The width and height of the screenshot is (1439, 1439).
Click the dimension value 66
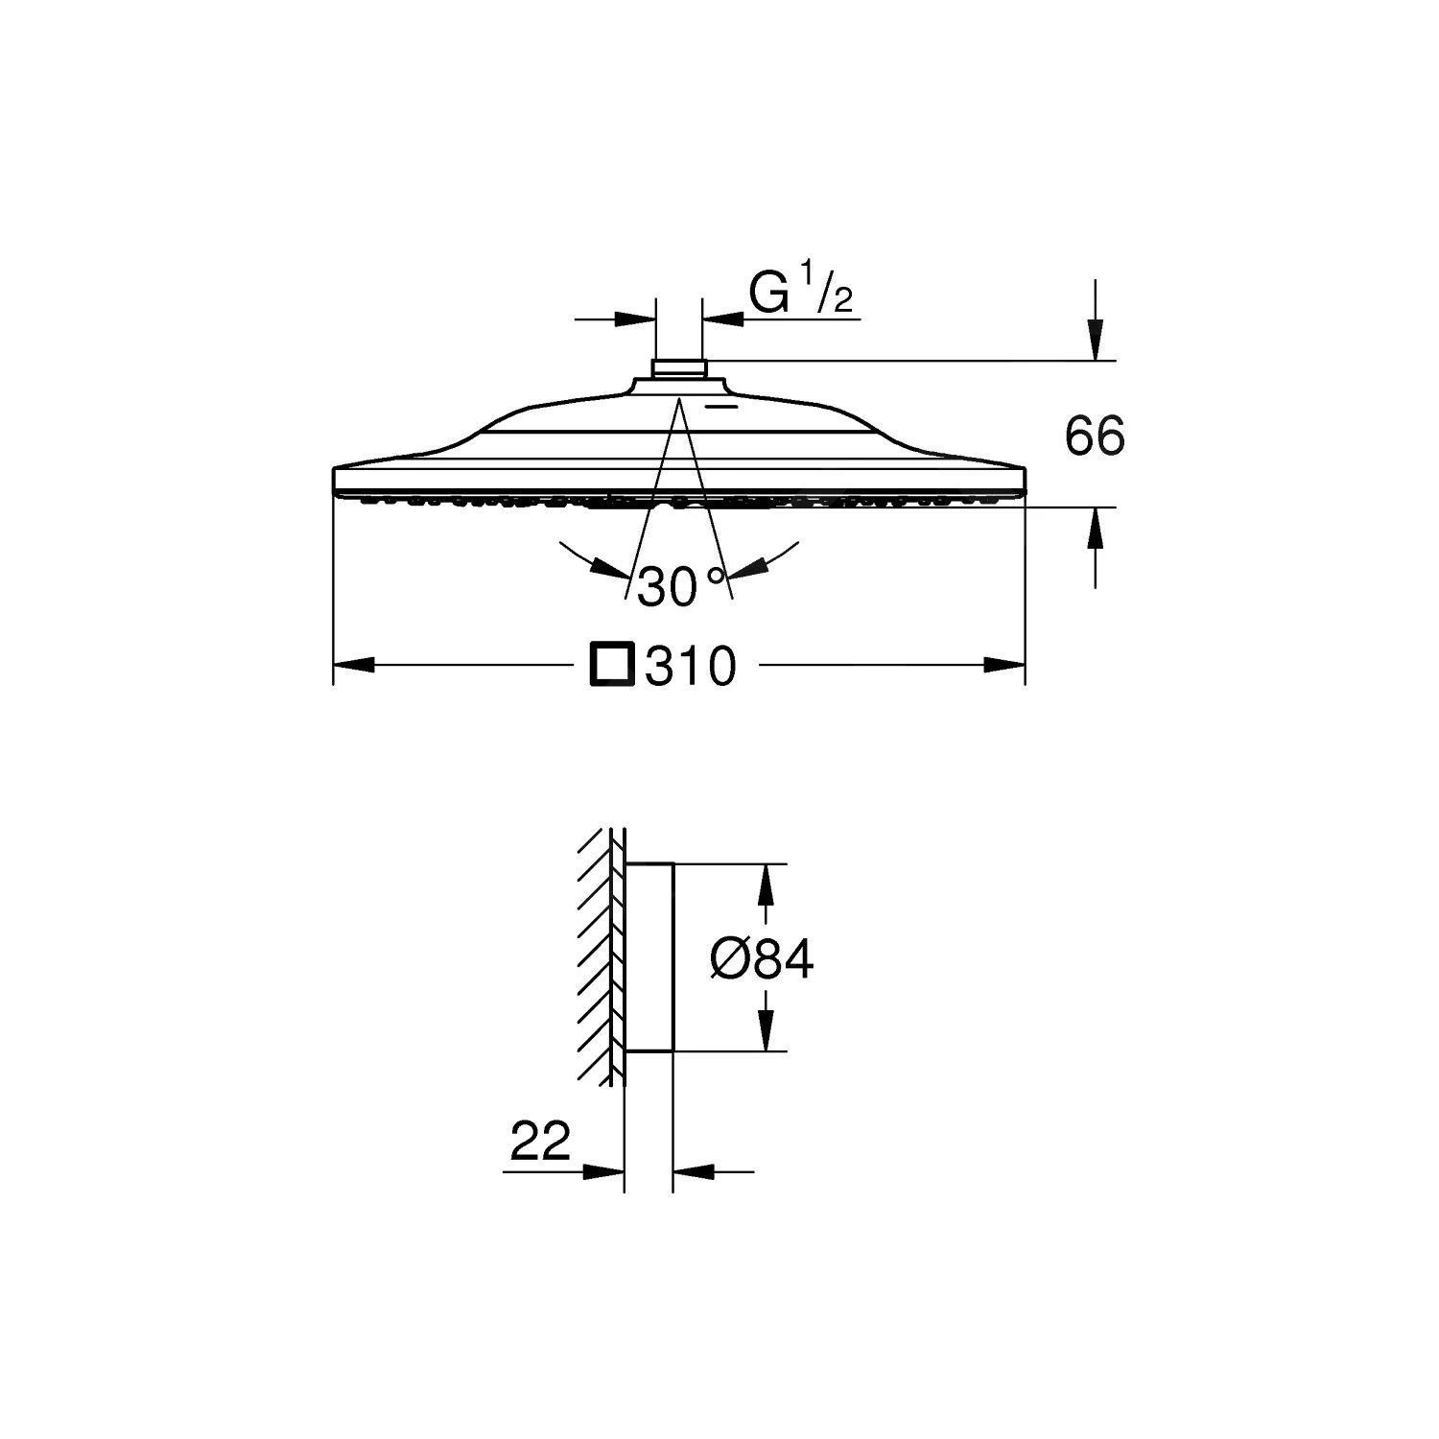(1095, 436)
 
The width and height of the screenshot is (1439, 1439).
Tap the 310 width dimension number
(690, 665)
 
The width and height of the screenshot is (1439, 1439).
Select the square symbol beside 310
(612, 664)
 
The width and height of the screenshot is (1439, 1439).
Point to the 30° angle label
(680, 586)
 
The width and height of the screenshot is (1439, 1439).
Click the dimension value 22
(540, 1141)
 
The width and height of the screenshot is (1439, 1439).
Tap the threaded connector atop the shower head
(679, 367)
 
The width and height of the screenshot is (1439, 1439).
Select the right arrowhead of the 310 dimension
(1005, 665)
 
